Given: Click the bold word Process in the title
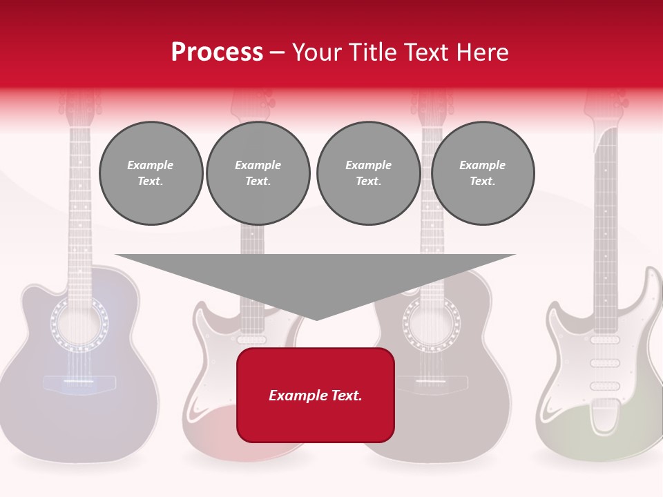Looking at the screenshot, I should pos(217,52).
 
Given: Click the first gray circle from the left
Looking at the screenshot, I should pos(151,173).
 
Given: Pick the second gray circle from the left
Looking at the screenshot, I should pos(258,173).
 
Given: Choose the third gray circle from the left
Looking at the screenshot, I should pos(368,173).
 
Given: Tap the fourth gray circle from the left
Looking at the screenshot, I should pos(482,173).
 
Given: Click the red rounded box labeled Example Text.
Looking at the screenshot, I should pos(315,395).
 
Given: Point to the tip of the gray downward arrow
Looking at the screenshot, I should pos(316,318).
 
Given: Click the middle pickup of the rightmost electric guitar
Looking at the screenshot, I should pos(605,363).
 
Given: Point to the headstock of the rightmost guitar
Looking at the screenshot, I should pos(605,104).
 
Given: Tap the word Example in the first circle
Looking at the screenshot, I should pos(150,165).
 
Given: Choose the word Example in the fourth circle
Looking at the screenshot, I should pos(482,165).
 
